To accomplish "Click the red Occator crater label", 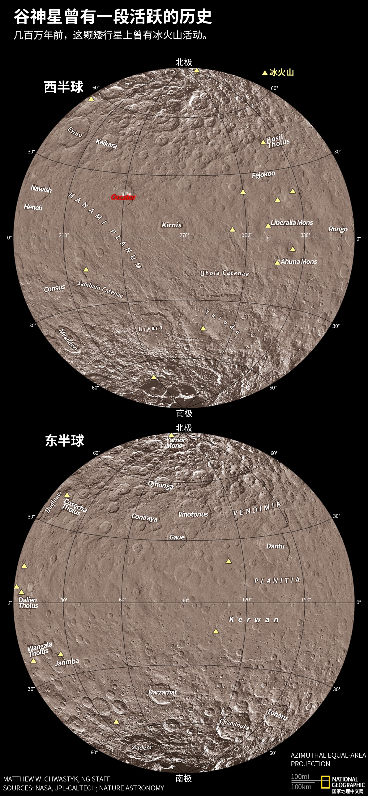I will (x=123, y=197).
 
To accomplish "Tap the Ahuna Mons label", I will (x=299, y=262).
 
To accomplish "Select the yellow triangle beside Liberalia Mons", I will (x=268, y=226).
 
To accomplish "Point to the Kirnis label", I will (x=172, y=225).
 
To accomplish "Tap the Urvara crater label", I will (x=150, y=328).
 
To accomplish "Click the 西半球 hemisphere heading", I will (x=64, y=87).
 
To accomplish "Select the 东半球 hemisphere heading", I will (x=64, y=441).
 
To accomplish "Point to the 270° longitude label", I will (x=185, y=235).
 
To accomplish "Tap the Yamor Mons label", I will (x=175, y=443).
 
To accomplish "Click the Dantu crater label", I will (x=275, y=546).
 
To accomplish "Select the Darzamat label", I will (x=163, y=692).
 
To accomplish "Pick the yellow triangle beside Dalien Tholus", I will (x=21, y=592).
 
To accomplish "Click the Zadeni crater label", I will (x=142, y=747).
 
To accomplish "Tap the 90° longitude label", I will (x=185, y=600).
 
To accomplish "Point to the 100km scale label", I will (x=301, y=787).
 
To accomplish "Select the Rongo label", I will (x=338, y=229).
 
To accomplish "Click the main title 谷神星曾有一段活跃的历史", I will (x=113, y=17).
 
